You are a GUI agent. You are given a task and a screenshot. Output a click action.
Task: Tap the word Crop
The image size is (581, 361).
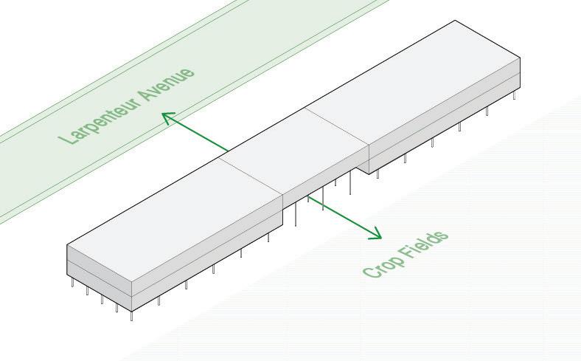[x=382, y=264]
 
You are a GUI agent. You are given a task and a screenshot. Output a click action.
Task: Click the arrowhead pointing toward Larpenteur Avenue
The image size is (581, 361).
[x=167, y=117]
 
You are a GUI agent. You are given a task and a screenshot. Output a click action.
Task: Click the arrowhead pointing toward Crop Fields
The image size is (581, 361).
[x=377, y=235]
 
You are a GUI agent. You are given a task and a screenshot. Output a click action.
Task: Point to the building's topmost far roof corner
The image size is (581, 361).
[x=454, y=21]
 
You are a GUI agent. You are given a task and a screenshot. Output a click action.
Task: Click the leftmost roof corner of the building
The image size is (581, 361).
[x=67, y=245]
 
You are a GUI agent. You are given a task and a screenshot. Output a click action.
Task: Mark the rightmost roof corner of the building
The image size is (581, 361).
[x=521, y=58]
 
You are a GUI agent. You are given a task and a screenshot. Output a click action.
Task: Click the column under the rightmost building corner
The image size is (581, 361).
[x=515, y=94]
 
